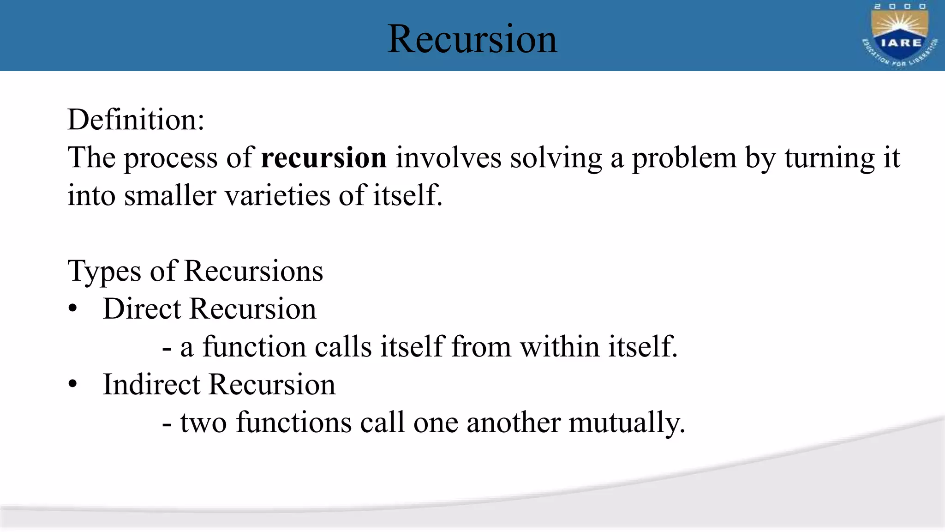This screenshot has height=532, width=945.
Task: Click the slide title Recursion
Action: (472, 39)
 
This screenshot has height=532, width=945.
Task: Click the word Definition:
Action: (136, 120)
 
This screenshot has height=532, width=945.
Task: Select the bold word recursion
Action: (323, 157)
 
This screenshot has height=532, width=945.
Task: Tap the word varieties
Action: (277, 195)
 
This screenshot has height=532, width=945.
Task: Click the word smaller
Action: (170, 195)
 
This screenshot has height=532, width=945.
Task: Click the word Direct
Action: (142, 308)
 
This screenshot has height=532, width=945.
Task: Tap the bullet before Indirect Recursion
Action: (72, 385)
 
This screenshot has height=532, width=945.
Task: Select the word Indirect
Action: (151, 384)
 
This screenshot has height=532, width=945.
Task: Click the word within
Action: (559, 346)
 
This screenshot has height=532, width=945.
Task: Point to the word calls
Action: (343, 346)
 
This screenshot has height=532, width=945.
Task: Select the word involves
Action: (448, 157)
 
